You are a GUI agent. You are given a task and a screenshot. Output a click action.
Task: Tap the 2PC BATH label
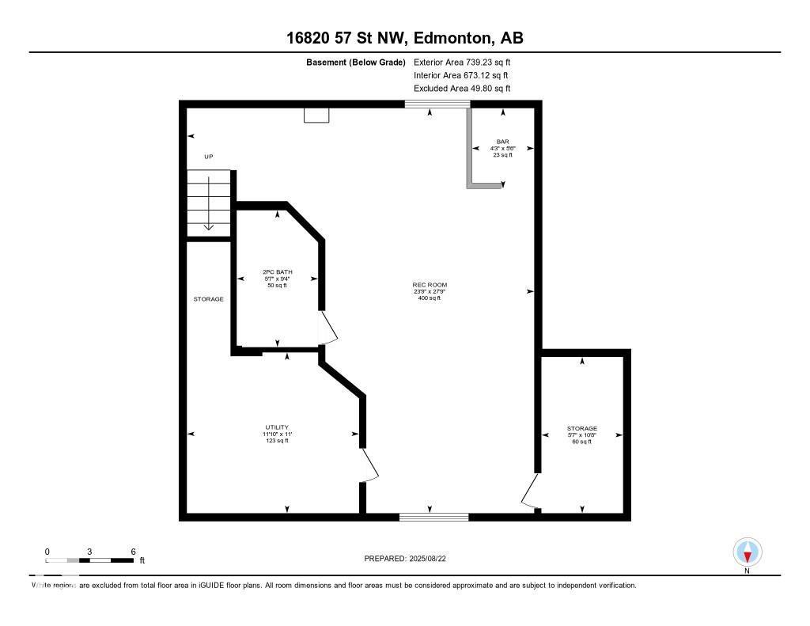tap(277, 272)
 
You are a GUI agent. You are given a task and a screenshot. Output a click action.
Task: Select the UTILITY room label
tap(276, 427)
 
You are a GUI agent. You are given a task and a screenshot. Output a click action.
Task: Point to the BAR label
tap(502, 142)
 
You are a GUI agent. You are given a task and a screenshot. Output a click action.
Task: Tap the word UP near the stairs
tap(209, 157)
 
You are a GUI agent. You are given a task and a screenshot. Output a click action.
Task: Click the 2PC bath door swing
tap(327, 328)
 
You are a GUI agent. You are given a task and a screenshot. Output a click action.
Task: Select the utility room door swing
tap(369, 465)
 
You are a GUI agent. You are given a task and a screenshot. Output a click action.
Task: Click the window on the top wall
tap(437, 104)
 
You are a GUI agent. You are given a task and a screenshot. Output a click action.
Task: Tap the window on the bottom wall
tap(433, 517)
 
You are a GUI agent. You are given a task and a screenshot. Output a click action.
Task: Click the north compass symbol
tap(747, 552)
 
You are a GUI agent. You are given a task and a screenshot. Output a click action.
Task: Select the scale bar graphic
tap(89, 560)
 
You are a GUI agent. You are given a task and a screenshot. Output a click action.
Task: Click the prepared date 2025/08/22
tap(410, 559)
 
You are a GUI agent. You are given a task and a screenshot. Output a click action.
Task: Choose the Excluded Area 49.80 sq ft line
tap(462, 89)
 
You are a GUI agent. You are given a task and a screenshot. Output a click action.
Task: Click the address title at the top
tap(405, 38)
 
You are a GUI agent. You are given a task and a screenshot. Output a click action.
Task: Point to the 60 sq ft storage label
tap(581, 442)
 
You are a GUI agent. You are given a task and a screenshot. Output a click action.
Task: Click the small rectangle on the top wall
tap(316, 116)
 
